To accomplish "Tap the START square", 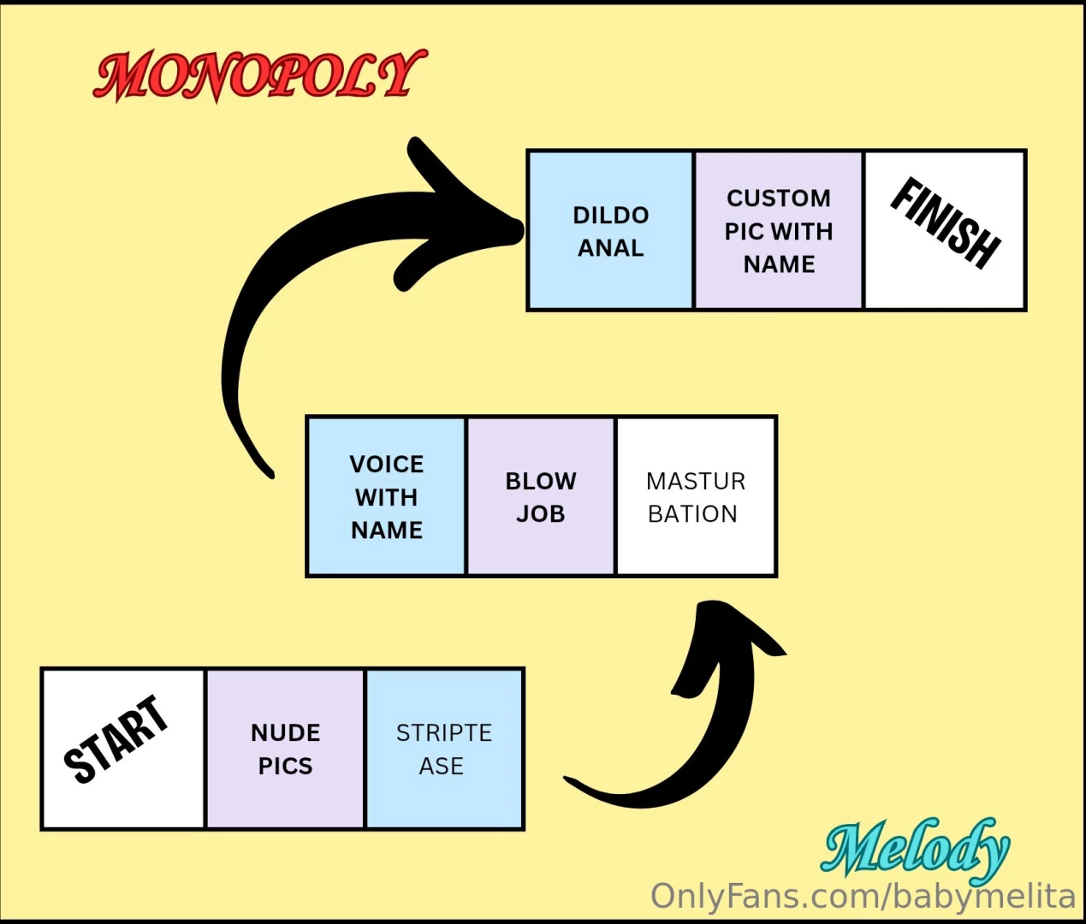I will point(123,749).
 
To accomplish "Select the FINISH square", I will point(945,230).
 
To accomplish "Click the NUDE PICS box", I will point(285,749).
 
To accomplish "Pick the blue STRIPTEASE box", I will point(444,749).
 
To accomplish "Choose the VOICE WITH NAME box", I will point(386,497).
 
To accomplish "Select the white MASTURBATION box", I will point(696,497).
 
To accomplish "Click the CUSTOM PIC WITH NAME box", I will point(778,230).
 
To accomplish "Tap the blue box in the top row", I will point(610,230).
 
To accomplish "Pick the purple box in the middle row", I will point(540,497).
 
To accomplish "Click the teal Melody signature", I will point(916,849).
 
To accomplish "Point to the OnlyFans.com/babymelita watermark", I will point(863,897).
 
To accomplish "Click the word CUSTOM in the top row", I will point(779,198).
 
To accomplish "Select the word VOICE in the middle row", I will point(386,465).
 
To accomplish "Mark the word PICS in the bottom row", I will point(285,766).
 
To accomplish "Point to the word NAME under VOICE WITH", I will point(386,530).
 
